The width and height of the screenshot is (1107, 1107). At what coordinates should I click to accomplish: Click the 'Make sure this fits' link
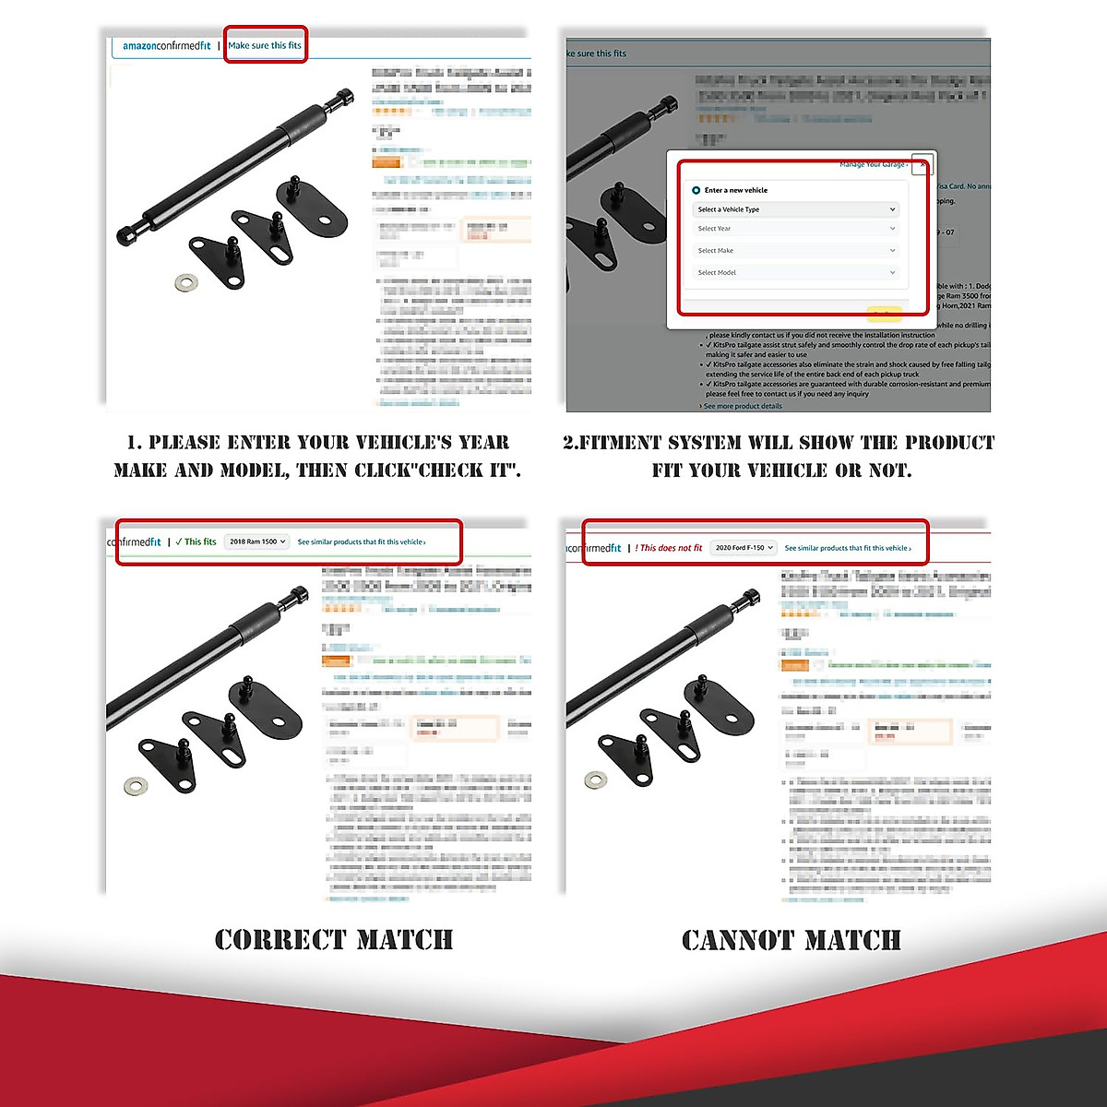265,45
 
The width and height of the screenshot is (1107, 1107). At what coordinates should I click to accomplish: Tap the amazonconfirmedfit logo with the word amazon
166,45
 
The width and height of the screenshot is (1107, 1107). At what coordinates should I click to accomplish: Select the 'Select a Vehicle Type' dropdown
795,209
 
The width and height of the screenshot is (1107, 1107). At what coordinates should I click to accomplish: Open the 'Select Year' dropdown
795,229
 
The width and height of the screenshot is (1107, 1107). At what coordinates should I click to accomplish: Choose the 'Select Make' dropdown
795,251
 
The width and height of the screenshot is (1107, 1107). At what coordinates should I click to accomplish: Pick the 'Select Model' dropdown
795,273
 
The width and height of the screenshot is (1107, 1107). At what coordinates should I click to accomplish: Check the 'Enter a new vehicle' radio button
696,190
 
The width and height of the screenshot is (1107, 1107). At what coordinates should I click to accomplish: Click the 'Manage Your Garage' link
873,165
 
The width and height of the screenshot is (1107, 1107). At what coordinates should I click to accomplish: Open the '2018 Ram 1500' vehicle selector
257,542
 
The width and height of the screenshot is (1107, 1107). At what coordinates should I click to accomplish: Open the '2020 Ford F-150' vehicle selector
744,548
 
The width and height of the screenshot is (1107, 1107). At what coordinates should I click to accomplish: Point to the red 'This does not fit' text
670,548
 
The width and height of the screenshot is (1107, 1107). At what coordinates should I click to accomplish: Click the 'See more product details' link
743,406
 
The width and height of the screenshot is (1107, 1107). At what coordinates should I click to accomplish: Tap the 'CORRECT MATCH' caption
334,940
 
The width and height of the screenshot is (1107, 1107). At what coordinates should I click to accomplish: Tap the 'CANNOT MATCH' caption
792,940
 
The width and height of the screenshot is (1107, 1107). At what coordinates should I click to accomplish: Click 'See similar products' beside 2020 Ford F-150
848,548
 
